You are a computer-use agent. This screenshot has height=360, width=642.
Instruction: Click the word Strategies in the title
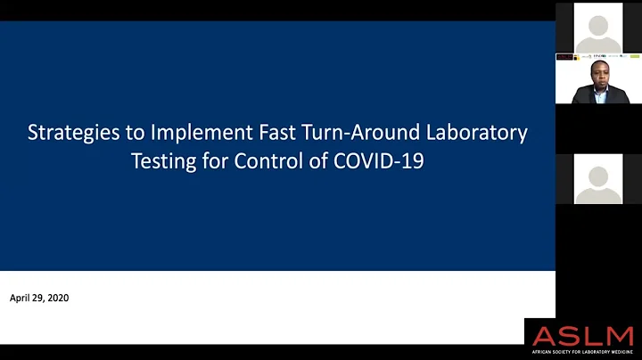(67, 134)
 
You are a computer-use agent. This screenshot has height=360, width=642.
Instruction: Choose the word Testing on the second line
(164, 164)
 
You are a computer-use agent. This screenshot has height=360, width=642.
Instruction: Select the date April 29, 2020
(39, 298)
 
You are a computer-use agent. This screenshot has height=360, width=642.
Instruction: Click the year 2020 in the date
(57, 298)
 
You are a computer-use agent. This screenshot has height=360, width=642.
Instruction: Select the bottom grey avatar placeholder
(597, 180)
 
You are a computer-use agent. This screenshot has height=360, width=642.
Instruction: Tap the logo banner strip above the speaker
(597, 56)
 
